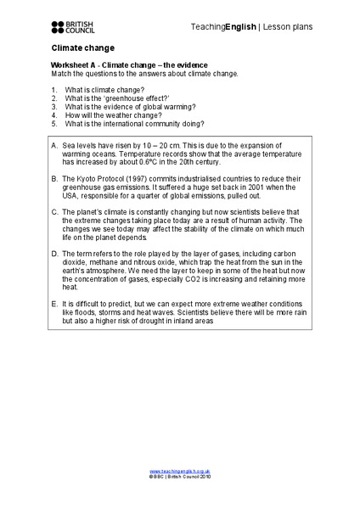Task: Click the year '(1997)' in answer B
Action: (133, 178)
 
